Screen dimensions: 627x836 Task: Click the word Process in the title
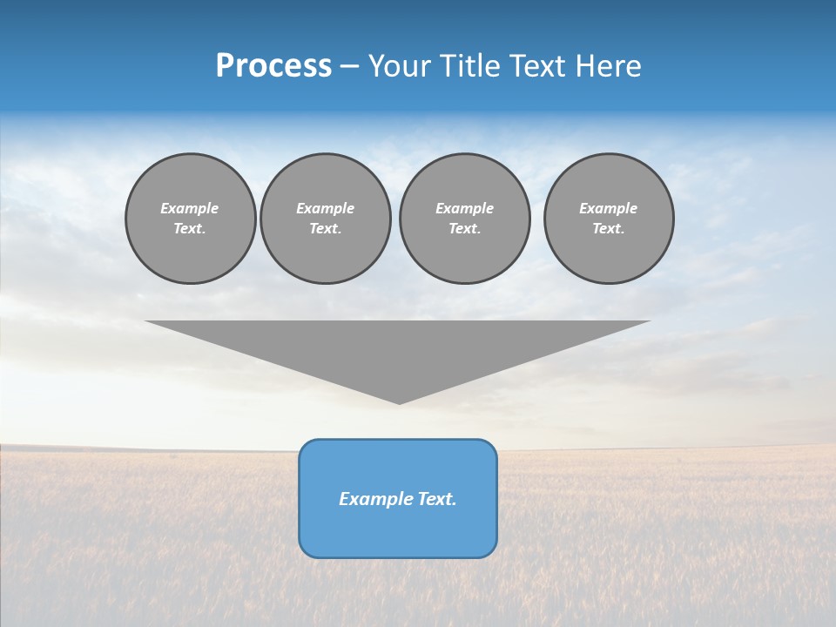coord(273,66)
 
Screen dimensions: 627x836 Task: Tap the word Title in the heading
coord(469,66)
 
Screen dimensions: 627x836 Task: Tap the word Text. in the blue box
coord(435,499)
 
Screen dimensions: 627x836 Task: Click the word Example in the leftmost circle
coord(190,208)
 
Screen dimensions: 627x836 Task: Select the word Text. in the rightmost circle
coord(608,228)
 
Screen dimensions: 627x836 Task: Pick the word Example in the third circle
coord(464,208)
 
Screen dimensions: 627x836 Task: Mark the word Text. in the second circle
coord(325,228)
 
